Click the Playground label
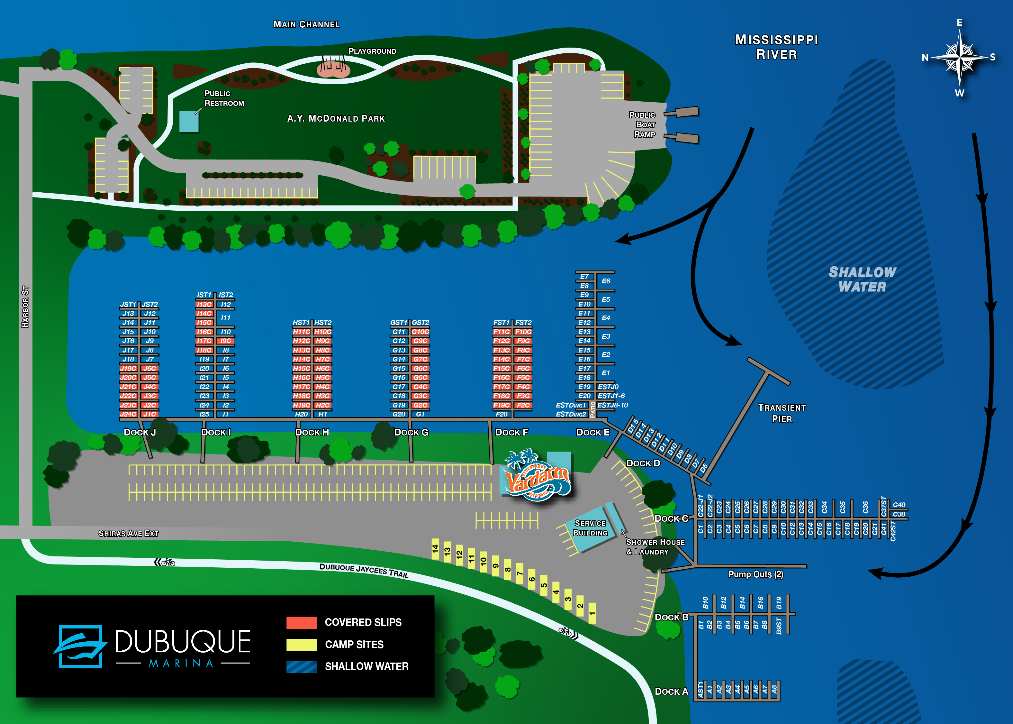(372, 51)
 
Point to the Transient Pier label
(782, 413)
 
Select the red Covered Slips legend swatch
(301, 622)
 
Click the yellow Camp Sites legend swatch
(301, 645)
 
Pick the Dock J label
(140, 432)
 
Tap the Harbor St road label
(25, 307)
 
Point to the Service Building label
(590, 528)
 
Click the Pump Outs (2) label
(755, 574)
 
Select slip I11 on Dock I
(226, 317)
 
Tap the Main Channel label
(306, 24)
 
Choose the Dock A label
(671, 692)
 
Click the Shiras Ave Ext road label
(128, 533)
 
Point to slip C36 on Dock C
(865, 507)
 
